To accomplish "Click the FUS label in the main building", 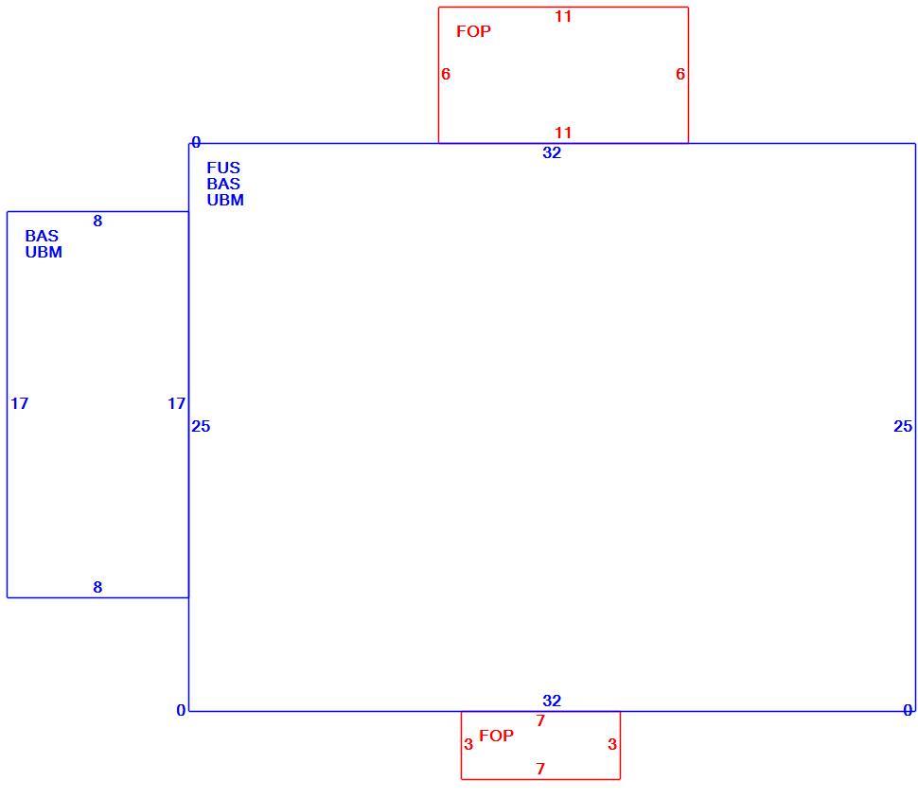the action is tap(223, 168).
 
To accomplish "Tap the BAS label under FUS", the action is tap(223, 184).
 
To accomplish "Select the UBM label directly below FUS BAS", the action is tap(225, 200).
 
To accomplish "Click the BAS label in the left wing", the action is tap(42, 236).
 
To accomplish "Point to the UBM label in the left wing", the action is tap(44, 252).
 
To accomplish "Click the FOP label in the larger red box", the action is tap(473, 31).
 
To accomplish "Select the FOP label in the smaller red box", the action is tap(497, 736).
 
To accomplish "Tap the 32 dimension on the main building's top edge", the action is tap(552, 152).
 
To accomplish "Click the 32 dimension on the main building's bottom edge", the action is tap(552, 701).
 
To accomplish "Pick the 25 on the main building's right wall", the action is tap(903, 426).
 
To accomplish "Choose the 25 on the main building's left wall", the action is tap(201, 426).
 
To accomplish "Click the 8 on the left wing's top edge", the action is tap(97, 221).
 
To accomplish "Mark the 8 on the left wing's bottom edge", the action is tap(97, 587).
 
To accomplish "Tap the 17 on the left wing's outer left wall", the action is tap(19, 403).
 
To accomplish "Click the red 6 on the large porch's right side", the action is tap(680, 75).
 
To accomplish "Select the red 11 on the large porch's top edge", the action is tap(563, 16).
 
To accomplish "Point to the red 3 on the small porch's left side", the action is tap(468, 744).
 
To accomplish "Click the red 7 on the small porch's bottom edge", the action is tap(540, 769).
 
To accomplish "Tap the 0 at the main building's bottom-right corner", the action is tap(908, 711).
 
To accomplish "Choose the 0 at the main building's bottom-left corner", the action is tap(181, 711).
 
